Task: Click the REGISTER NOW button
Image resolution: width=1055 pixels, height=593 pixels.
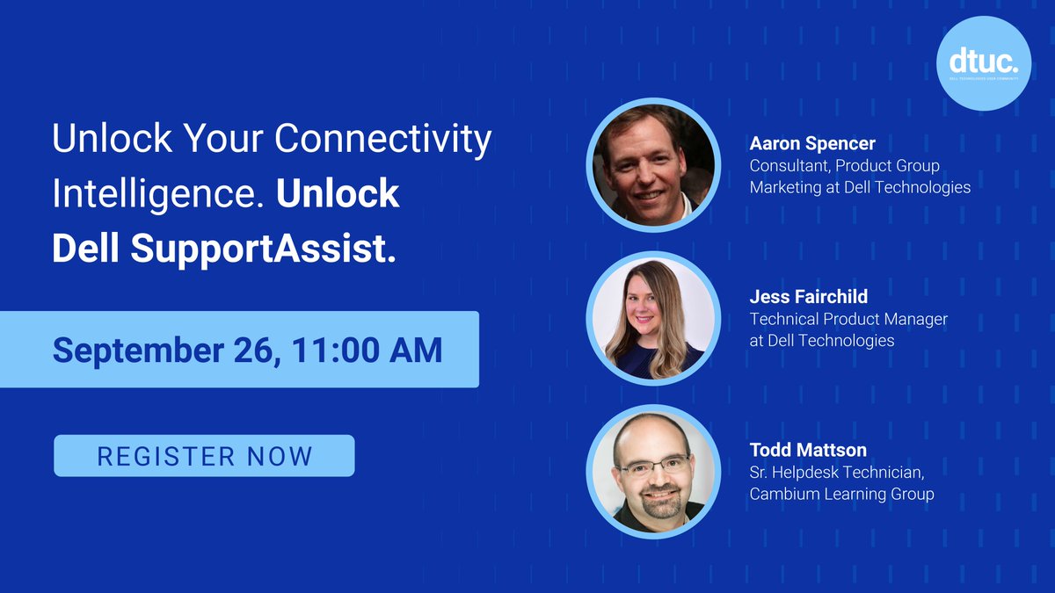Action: pos(204,456)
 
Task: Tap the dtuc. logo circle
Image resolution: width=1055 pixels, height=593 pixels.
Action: pos(983,63)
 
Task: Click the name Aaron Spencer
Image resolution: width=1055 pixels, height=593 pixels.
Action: pos(811,143)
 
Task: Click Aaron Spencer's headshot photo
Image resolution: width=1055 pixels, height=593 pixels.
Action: pos(653,164)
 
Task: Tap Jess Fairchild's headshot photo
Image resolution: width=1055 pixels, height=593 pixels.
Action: pos(653,318)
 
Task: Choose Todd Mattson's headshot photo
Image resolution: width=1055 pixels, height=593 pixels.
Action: pos(653,472)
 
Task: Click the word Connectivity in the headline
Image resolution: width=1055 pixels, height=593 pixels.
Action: pos(382,140)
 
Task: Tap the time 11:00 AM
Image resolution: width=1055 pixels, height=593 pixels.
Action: pos(369,350)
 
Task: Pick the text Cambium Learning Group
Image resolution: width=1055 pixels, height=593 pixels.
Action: pos(841,494)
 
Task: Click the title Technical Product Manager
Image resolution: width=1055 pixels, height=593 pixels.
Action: pos(848,319)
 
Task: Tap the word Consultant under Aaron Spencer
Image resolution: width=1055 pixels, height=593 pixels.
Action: pos(788,165)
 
